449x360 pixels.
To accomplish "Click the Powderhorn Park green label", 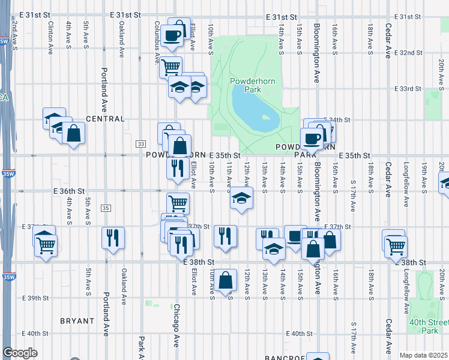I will [246, 85].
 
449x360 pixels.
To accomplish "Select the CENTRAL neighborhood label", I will [105, 119].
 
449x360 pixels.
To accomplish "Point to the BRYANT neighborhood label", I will [77, 321].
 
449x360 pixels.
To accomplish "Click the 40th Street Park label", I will [429, 326].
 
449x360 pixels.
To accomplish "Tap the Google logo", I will [20, 353].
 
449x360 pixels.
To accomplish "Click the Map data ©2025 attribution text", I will [424, 355].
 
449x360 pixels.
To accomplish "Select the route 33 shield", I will [140, 144].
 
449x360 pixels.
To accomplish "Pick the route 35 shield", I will [106, 208].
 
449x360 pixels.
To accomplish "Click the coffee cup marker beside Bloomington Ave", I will [311, 139].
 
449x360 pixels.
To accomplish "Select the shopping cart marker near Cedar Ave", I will [396, 245].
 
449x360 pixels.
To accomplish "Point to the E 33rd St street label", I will [409, 89].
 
